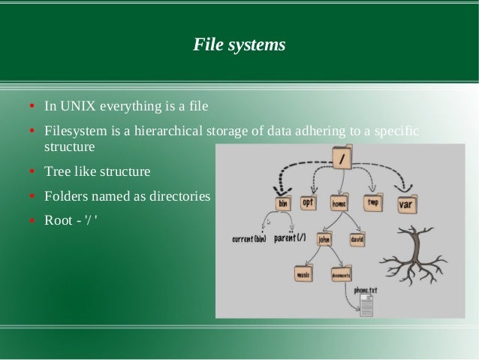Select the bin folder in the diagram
coord(284,204)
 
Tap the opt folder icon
coord(309,202)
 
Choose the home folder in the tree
coord(339,203)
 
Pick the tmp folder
coord(373,202)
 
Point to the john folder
coord(324,239)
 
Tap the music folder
coord(304,274)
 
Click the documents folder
coord(341,274)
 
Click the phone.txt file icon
coord(367,304)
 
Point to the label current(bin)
coord(250,240)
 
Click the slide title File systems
coord(239,45)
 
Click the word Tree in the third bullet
coord(58,172)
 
